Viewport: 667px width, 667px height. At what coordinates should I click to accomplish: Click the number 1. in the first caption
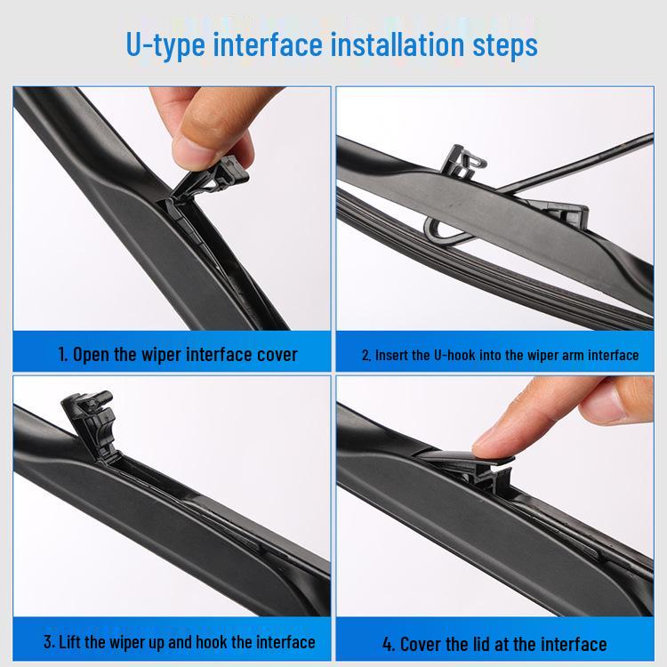(x=63, y=354)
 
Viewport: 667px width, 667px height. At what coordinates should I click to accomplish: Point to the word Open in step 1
(x=91, y=355)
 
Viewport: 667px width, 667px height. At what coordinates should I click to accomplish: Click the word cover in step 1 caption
(x=277, y=355)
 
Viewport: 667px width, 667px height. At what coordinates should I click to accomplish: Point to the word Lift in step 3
(x=69, y=642)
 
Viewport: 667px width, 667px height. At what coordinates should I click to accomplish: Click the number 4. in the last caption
(x=390, y=644)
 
